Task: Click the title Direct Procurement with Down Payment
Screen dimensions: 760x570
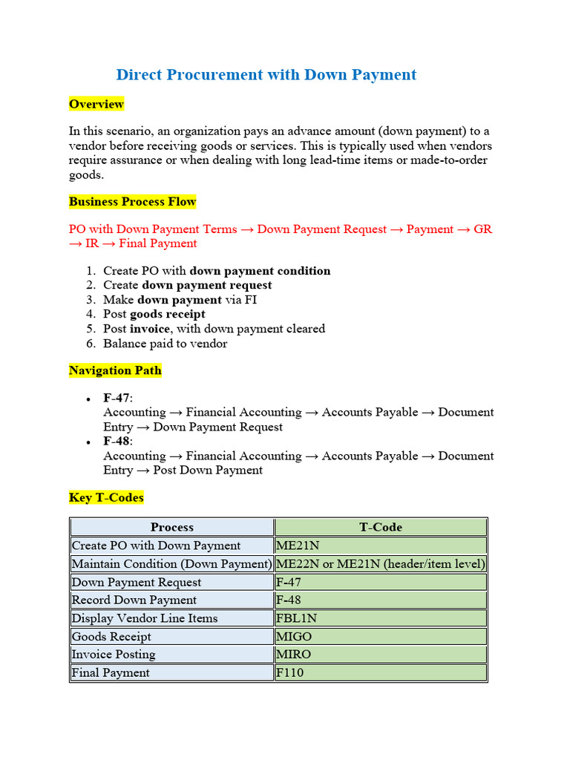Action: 266,75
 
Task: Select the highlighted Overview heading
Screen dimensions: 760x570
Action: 96,104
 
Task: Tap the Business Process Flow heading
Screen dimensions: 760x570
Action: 132,202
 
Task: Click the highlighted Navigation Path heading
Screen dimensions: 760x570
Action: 115,370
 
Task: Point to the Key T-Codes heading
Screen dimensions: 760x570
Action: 106,497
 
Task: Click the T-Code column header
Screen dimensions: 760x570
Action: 381,528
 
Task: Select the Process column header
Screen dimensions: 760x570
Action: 171,528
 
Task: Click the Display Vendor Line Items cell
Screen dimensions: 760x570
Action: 145,618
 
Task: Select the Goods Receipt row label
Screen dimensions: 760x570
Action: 111,637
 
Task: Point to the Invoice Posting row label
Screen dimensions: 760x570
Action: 114,655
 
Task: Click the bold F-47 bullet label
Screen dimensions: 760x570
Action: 116,399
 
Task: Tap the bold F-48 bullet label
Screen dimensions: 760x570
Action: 116,442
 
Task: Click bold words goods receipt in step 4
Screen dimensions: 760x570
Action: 168,315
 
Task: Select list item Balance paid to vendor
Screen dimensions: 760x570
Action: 165,344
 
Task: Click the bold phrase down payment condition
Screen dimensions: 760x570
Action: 260,271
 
